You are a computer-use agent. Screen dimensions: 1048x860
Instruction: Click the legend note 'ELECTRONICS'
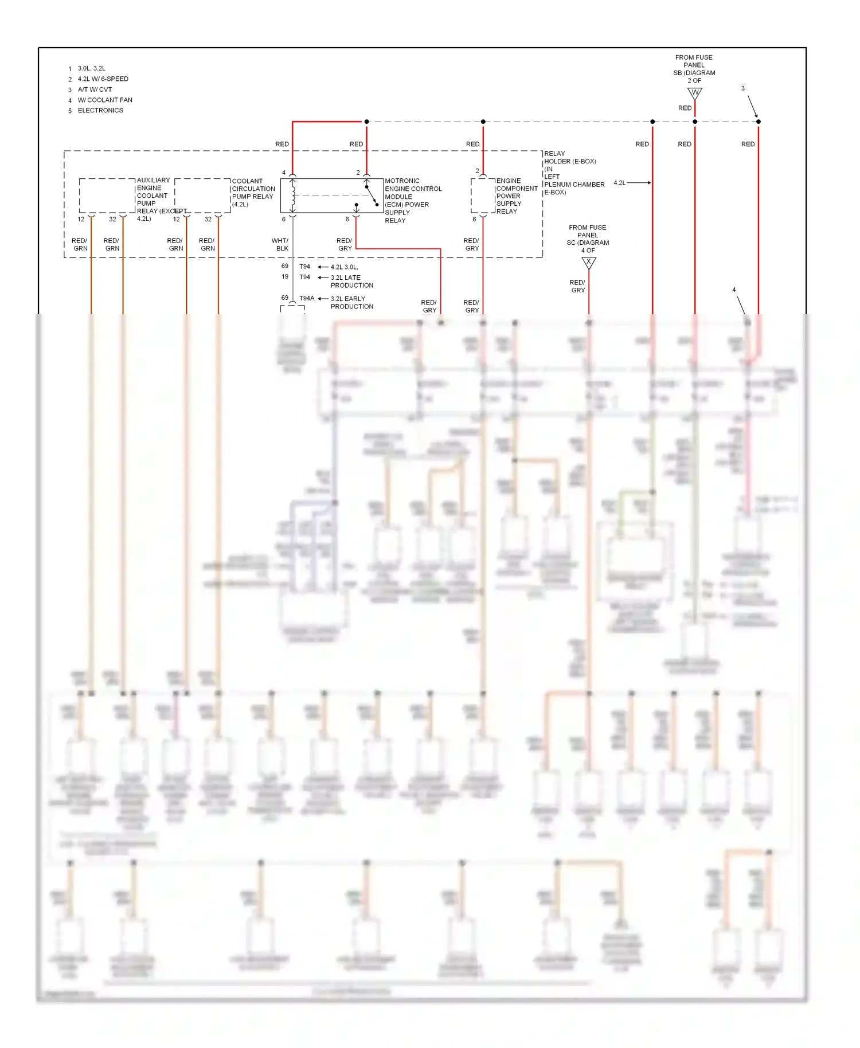click(x=100, y=110)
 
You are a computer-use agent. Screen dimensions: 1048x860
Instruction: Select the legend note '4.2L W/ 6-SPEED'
click(x=103, y=79)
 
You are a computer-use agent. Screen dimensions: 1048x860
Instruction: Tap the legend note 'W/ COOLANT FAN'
click(x=105, y=100)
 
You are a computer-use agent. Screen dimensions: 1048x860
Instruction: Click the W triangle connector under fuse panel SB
click(x=695, y=93)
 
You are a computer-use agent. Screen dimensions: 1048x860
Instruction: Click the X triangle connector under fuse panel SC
click(x=589, y=263)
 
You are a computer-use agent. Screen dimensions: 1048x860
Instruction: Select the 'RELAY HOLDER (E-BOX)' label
click(x=570, y=157)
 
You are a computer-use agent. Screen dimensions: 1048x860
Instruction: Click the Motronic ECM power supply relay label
click(x=413, y=200)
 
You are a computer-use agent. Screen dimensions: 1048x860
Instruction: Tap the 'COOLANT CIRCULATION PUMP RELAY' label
click(x=253, y=192)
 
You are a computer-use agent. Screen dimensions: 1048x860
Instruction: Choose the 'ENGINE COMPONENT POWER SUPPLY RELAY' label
click(x=516, y=195)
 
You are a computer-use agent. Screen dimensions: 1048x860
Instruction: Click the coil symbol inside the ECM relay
click(x=293, y=195)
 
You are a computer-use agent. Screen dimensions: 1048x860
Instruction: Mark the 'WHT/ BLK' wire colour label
click(x=280, y=244)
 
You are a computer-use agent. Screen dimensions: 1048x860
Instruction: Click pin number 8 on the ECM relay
click(x=347, y=219)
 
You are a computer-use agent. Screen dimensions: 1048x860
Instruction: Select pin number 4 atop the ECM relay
click(x=284, y=172)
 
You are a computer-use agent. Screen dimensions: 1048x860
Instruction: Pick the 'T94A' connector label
click(x=307, y=298)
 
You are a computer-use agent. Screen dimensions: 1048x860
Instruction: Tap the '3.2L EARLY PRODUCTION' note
click(x=351, y=302)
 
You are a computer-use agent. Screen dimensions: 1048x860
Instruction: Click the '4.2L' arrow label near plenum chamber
click(x=620, y=183)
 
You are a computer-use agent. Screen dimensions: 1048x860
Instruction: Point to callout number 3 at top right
click(x=743, y=88)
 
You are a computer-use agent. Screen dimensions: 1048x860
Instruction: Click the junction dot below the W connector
click(x=695, y=122)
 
